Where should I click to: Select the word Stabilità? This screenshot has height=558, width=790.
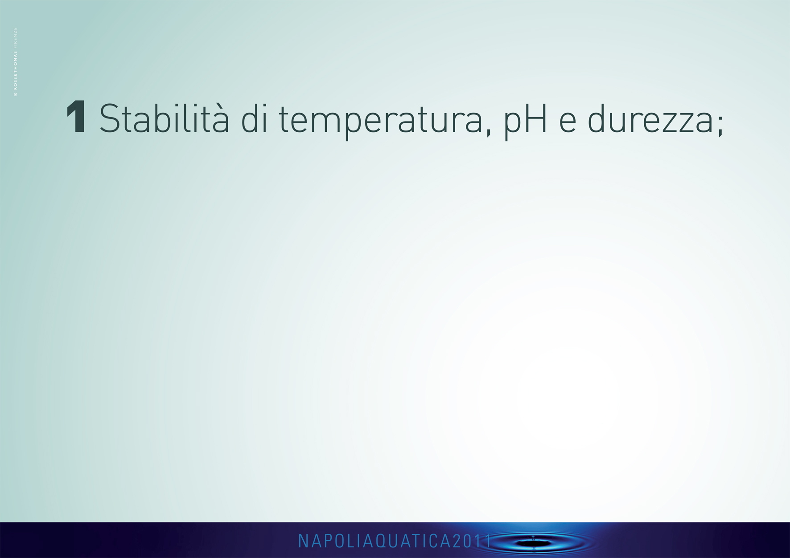coord(164,118)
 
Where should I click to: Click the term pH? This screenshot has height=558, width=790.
coord(525,122)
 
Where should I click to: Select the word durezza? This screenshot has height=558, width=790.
coord(650,118)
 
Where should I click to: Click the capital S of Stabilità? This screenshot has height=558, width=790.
coord(110,118)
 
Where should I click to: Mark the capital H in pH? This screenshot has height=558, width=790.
coord(536,118)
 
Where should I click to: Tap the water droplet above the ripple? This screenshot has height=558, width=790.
coord(533,538)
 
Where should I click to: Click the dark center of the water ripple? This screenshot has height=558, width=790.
coord(534,543)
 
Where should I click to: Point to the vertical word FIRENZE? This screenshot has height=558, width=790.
coord(16,36)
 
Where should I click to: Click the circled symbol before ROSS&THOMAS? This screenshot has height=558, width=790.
coord(16,94)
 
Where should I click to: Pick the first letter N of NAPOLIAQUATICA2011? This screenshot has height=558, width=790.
coord(302,541)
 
